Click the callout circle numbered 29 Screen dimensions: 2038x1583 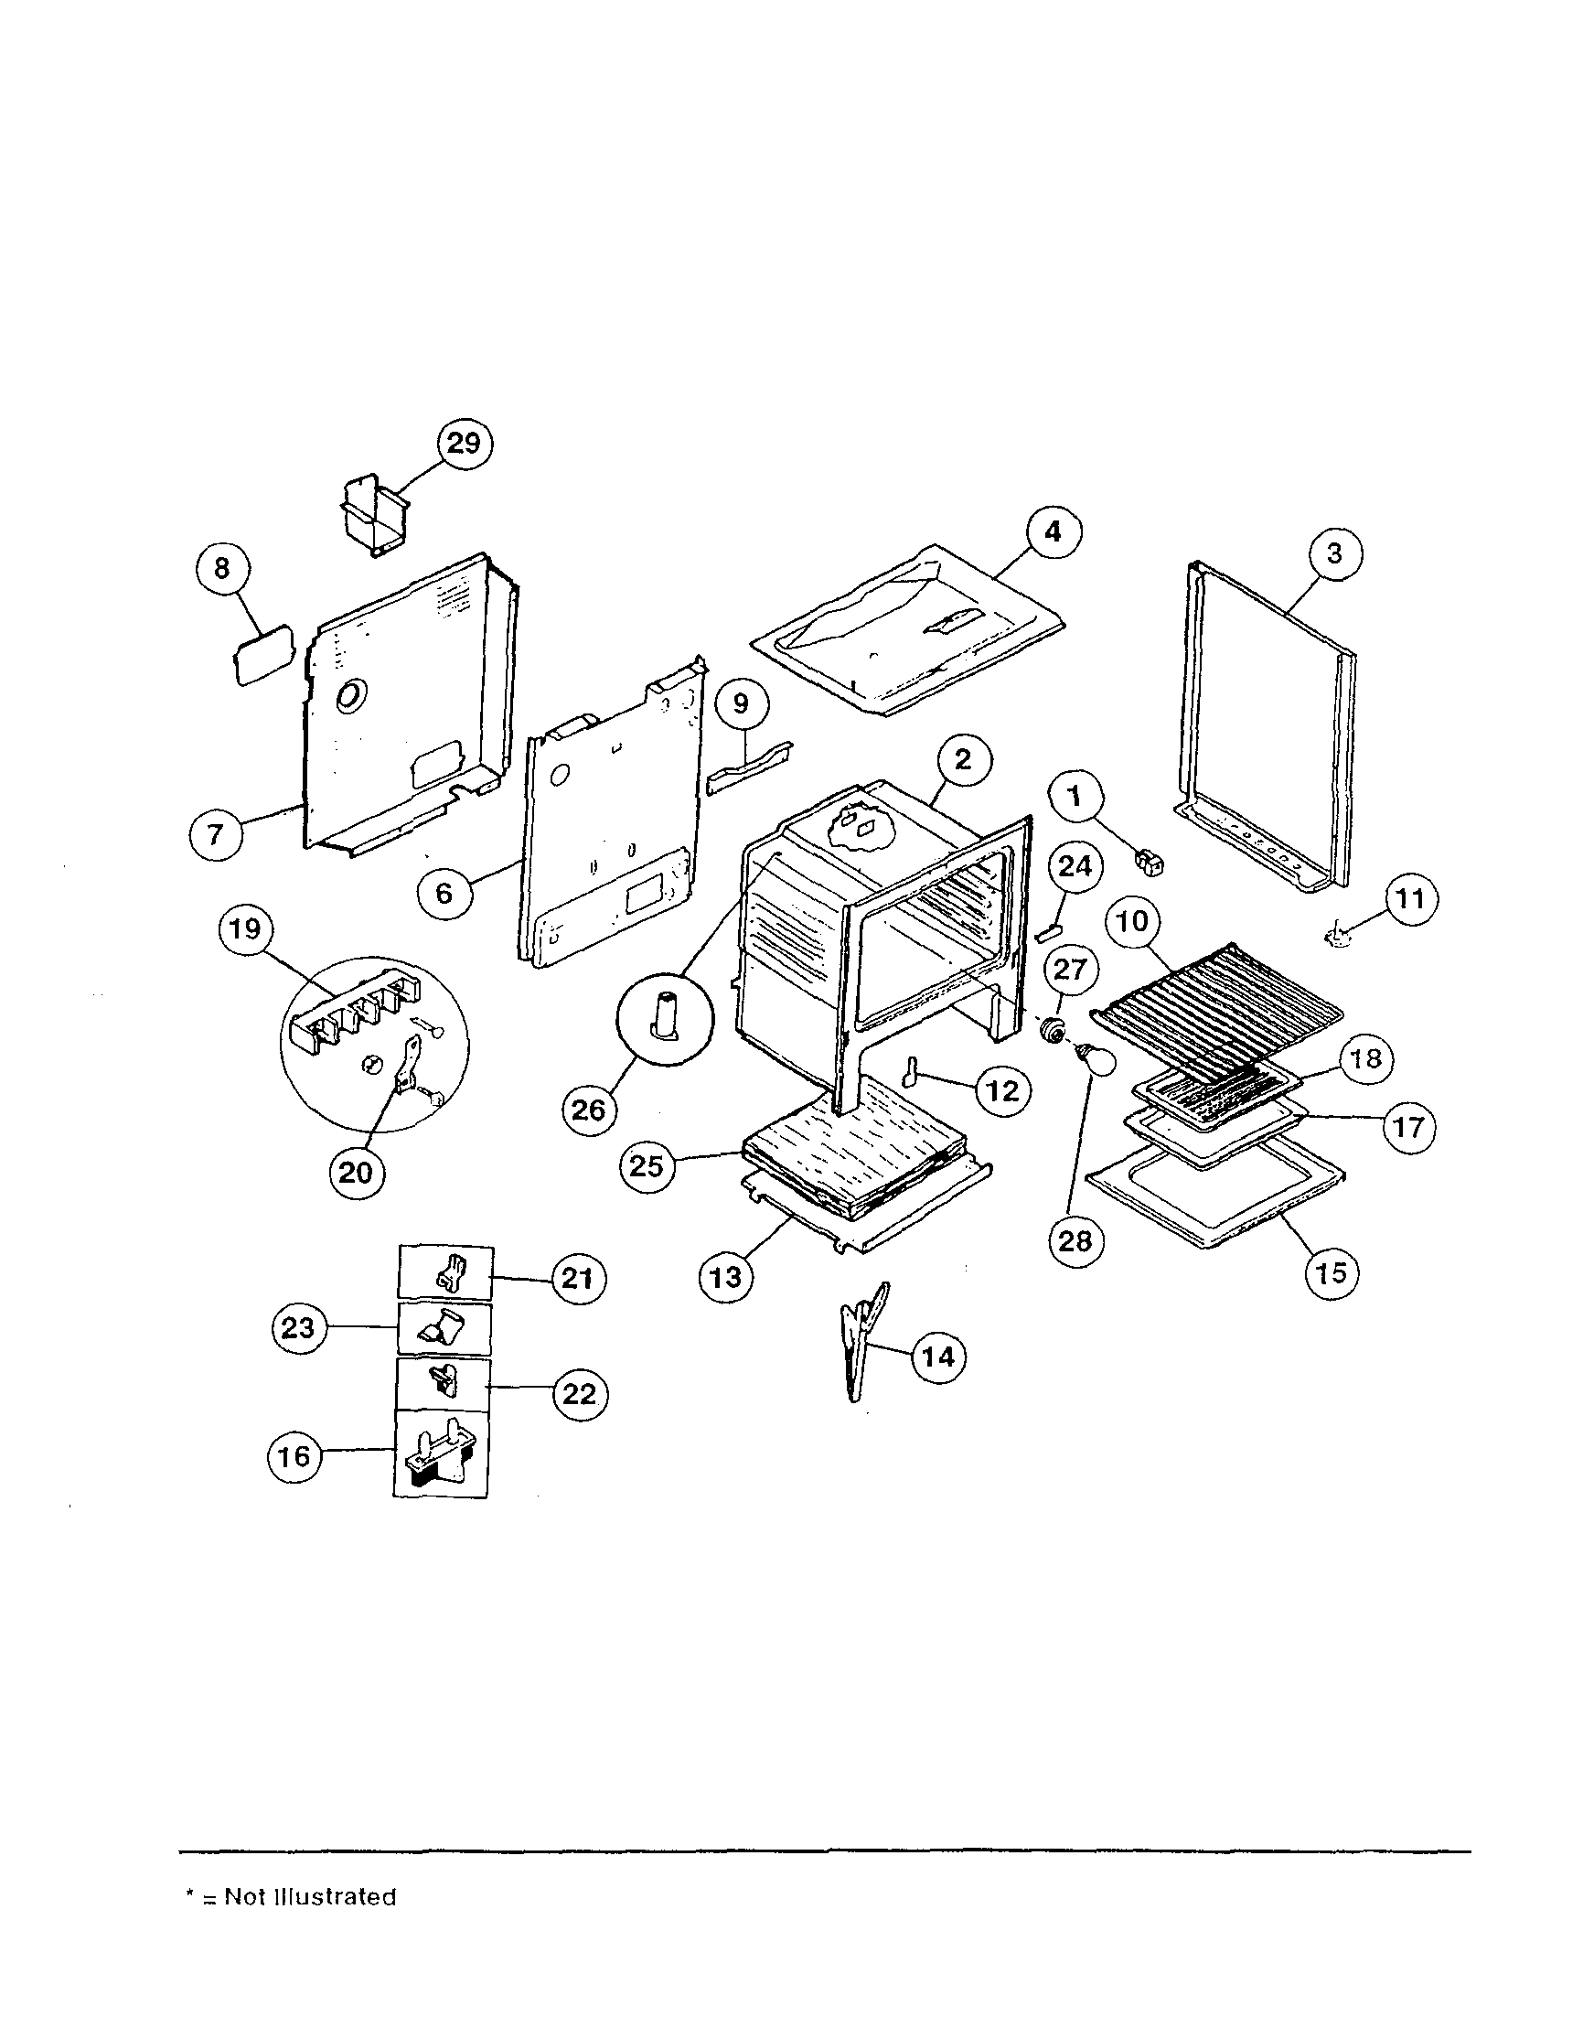point(464,444)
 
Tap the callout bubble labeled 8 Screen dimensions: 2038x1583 point(222,568)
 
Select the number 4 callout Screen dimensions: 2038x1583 point(1054,531)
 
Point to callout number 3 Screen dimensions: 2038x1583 point(1334,553)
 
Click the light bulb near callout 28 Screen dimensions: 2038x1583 point(1097,1060)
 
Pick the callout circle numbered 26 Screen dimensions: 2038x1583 point(590,1110)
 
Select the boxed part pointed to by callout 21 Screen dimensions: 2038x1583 point(445,1272)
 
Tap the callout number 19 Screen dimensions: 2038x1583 point(245,929)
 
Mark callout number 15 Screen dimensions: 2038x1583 point(1332,1272)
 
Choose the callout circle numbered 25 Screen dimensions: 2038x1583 point(647,1165)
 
